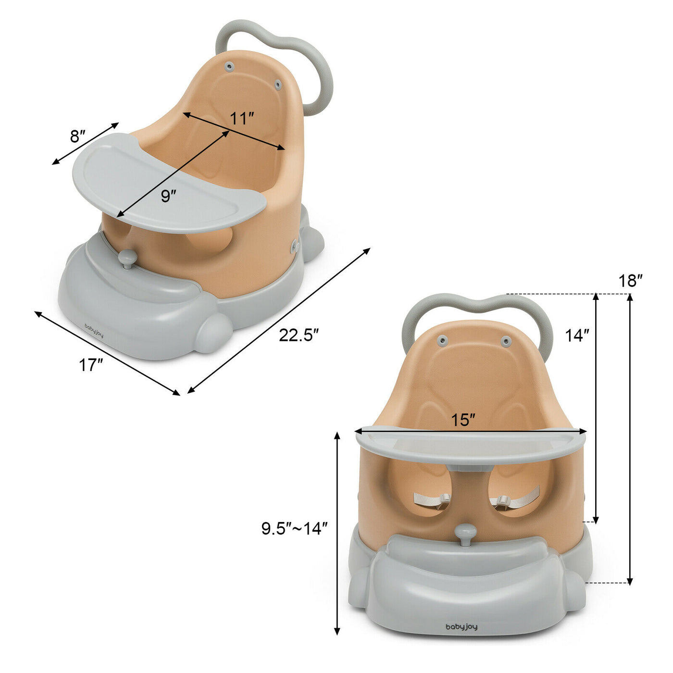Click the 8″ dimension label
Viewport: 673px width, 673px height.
pyautogui.click(x=77, y=136)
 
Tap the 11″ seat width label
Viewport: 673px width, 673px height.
pyautogui.click(x=242, y=119)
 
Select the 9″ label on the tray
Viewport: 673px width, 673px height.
pyautogui.click(x=168, y=196)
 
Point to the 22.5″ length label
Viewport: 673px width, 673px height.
pyautogui.click(x=299, y=336)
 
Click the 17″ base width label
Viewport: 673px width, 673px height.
pyautogui.click(x=91, y=365)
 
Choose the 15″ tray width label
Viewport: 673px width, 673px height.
pyautogui.click(x=463, y=420)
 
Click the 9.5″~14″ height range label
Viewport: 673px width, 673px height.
pyautogui.click(x=295, y=528)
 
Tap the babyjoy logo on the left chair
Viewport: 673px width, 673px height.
pyautogui.click(x=94, y=330)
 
